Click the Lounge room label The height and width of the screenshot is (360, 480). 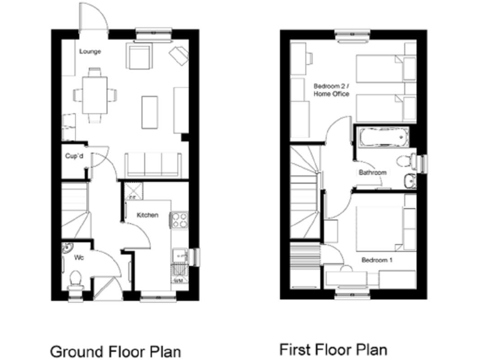click(x=91, y=51)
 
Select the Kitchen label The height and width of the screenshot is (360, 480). click(x=147, y=216)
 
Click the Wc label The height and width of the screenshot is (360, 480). click(x=79, y=257)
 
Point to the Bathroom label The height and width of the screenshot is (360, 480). click(x=372, y=172)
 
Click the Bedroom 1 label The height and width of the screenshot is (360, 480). click(x=377, y=260)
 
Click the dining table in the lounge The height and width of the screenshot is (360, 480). click(x=95, y=94)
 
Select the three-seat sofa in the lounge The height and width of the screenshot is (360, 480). click(x=153, y=164)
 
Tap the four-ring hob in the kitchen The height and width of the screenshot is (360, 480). click(x=180, y=220)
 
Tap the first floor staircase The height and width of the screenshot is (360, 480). click(x=306, y=194)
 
